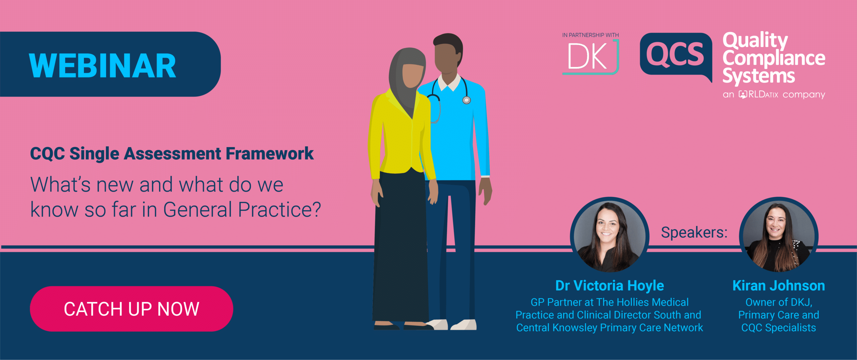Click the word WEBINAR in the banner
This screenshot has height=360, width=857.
pyautogui.click(x=102, y=66)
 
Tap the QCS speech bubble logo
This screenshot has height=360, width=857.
pyautogui.click(x=675, y=55)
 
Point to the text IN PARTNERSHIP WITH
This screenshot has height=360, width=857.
pyautogui.click(x=591, y=35)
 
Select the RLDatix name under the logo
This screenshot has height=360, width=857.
pyautogui.click(x=759, y=94)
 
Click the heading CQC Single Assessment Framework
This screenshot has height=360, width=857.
pyautogui.click(x=172, y=154)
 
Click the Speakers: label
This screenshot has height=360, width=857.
pyautogui.click(x=694, y=232)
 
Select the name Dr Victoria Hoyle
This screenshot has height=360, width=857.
pyautogui.click(x=609, y=286)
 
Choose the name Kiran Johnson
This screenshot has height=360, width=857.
pyautogui.click(x=779, y=286)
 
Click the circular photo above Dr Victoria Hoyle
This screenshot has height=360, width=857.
pyautogui.click(x=609, y=235)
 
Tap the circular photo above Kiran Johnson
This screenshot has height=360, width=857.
pyautogui.click(x=779, y=235)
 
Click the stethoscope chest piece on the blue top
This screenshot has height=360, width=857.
pyautogui.click(x=466, y=100)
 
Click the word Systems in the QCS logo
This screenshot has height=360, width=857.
pyautogui.click(x=759, y=76)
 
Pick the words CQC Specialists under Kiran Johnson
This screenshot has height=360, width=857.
pyautogui.click(x=779, y=328)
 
